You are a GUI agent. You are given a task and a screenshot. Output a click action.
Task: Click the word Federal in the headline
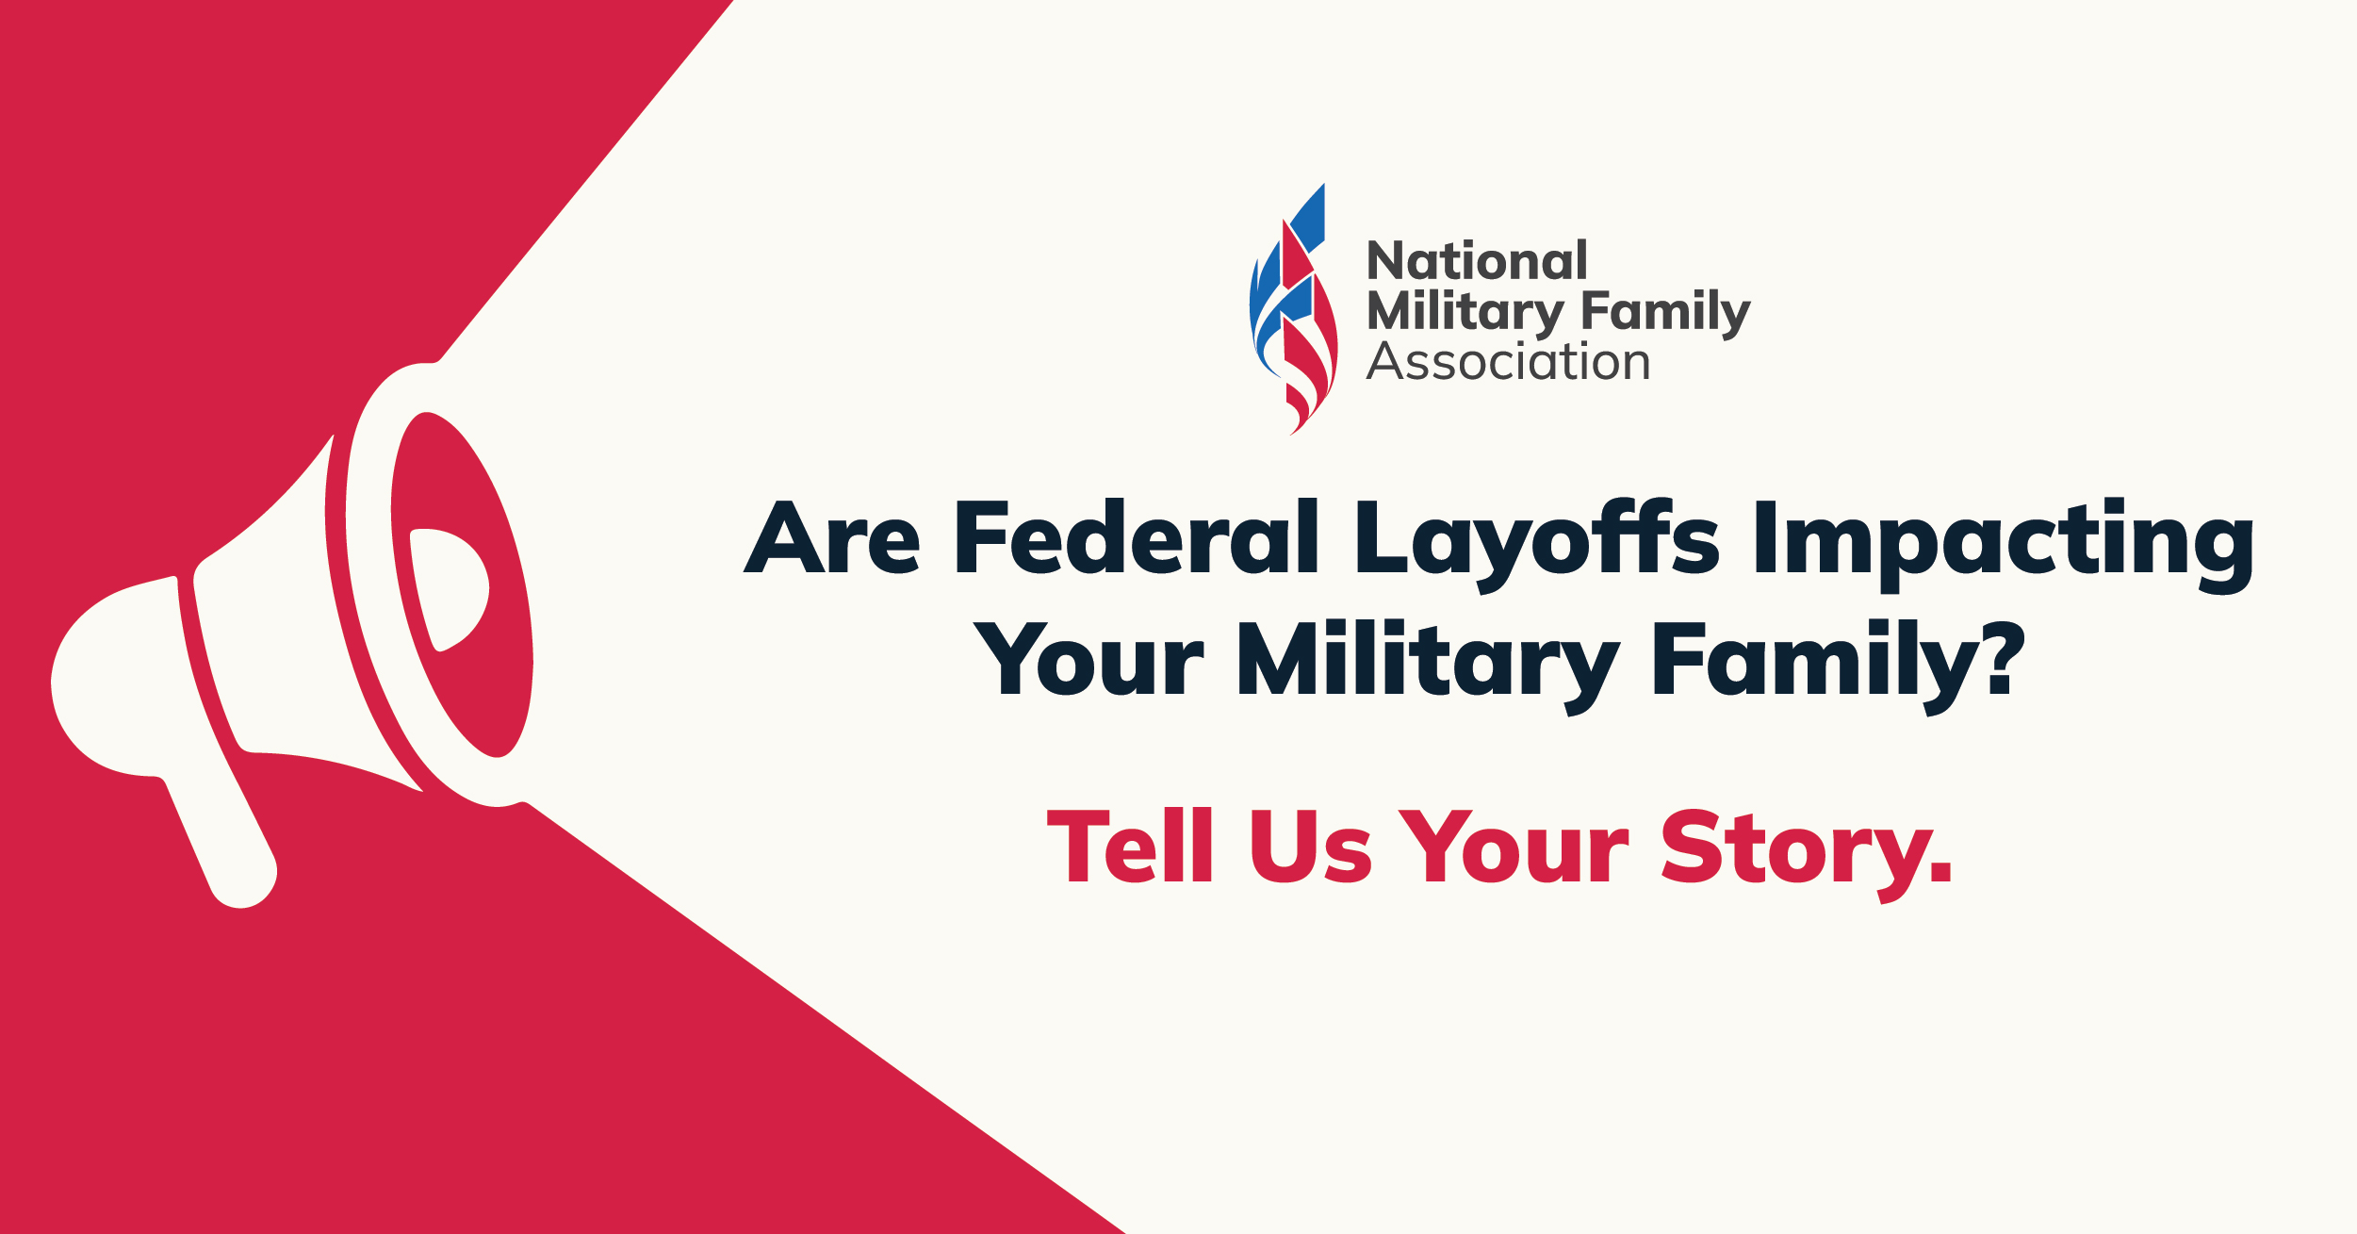1137,535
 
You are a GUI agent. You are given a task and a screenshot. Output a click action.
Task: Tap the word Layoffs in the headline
1537,545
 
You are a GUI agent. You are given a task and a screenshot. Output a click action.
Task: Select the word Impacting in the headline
2005,545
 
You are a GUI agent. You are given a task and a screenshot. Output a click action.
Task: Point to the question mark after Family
1999,658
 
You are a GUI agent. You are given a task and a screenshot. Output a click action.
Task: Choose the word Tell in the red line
1130,845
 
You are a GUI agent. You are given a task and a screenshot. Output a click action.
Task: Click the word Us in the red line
1311,847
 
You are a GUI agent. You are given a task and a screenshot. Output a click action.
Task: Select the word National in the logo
1477,260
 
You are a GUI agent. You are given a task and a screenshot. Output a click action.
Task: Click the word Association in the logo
1508,361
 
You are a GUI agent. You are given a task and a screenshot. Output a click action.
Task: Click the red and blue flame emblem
1293,309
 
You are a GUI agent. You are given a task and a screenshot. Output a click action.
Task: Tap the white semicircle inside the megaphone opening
450,589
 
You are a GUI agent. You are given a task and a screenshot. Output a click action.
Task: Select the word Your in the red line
1514,847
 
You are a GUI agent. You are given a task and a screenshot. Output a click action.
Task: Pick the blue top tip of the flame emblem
1323,185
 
